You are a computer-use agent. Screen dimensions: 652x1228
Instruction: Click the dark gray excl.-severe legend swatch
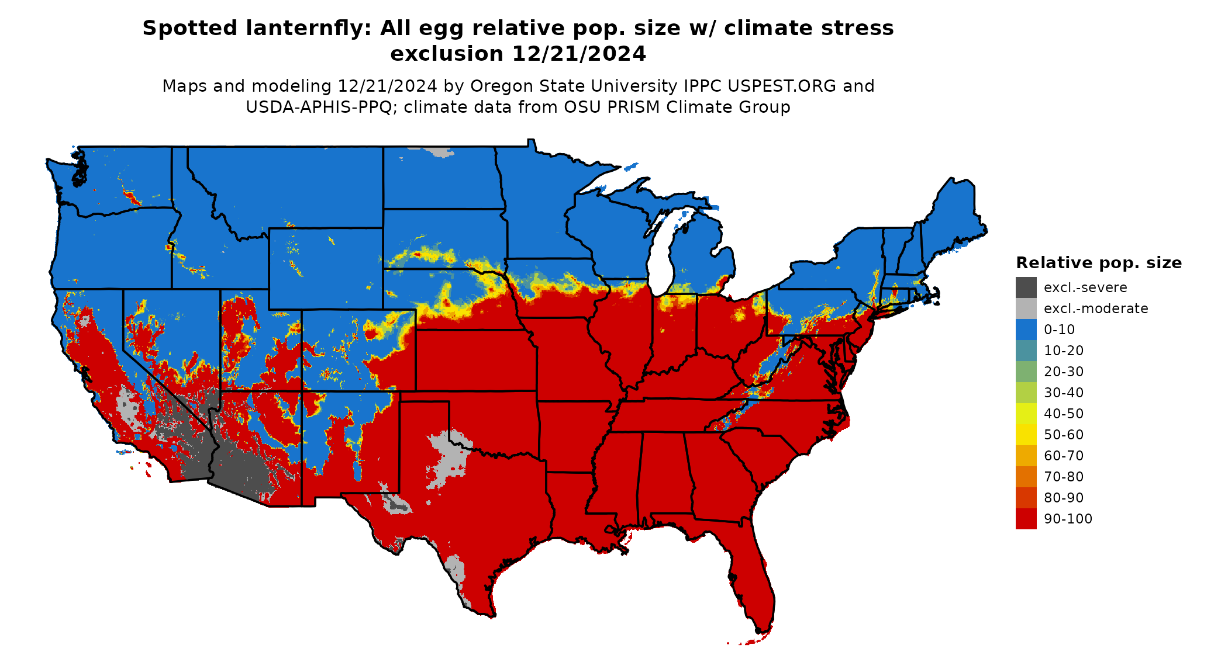(x=1026, y=287)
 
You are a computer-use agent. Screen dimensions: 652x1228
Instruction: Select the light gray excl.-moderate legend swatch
(x=1026, y=308)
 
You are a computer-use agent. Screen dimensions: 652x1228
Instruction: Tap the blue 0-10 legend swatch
(x=1026, y=330)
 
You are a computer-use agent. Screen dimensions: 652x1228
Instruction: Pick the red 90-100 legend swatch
(x=1026, y=519)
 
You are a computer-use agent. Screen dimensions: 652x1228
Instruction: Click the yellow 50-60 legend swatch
(x=1026, y=435)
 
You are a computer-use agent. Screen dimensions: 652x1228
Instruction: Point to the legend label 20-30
(x=1064, y=372)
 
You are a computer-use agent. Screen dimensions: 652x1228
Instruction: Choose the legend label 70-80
(x=1064, y=477)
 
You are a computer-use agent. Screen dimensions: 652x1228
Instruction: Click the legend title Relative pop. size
(x=1099, y=263)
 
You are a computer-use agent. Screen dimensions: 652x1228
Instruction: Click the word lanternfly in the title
(x=308, y=28)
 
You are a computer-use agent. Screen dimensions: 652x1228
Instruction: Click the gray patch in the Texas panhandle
(x=447, y=459)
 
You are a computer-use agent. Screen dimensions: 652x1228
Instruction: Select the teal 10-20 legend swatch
(x=1026, y=351)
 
